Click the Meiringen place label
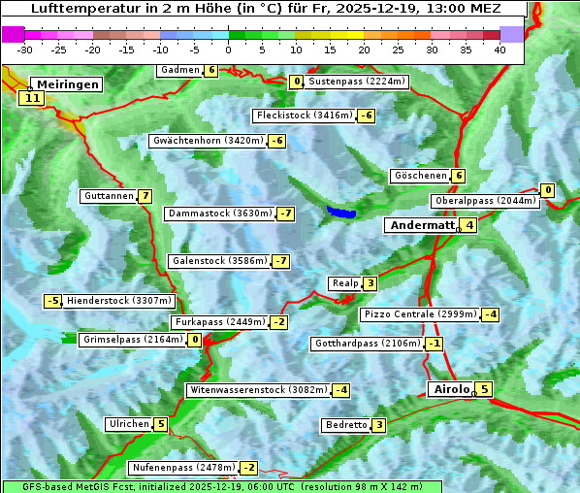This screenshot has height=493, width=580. click(66, 84)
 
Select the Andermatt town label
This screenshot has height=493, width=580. click(422, 225)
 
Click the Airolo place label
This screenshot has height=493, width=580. click(451, 389)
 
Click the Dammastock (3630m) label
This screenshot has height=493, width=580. click(220, 214)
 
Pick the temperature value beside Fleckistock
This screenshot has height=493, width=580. click(366, 115)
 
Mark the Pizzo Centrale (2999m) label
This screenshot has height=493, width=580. click(420, 314)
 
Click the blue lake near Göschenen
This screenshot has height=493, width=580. click(341, 212)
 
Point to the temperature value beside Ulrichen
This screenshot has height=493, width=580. click(161, 424)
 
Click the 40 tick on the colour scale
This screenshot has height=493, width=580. click(499, 49)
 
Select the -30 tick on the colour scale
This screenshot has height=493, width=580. click(25, 49)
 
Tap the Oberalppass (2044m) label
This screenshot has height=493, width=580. click(485, 201)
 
